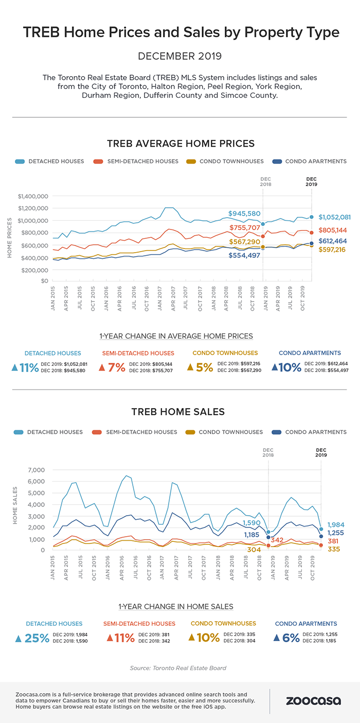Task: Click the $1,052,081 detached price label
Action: pos(334,217)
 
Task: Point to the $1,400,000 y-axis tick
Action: pos(32,197)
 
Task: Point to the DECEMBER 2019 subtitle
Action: pos(180,56)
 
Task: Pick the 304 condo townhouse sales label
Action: pos(254,550)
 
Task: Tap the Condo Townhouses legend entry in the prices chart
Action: pos(236,161)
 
